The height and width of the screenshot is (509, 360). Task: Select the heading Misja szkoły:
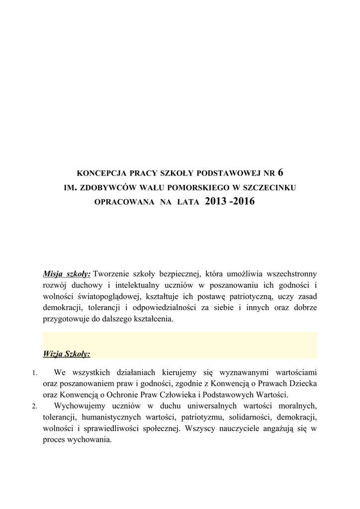click(67, 273)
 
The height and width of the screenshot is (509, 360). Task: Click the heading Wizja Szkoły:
click(67, 354)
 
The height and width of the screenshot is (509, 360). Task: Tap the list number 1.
click(34, 373)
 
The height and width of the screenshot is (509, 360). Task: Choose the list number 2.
click(34, 406)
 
